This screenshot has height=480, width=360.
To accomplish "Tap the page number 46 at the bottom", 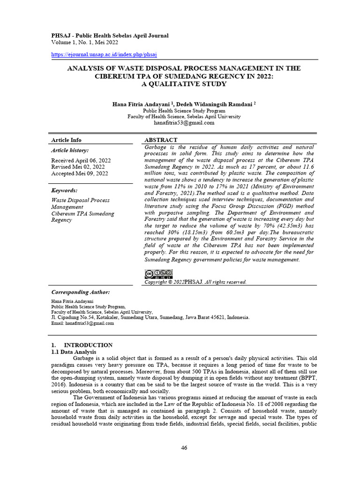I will click(184, 448).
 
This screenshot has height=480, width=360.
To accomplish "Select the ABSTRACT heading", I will click(161, 140).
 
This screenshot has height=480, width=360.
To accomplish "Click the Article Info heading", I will click(66, 140).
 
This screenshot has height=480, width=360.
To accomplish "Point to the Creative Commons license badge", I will click(158, 274).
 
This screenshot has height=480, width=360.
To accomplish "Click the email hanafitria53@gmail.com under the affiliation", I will click(184, 123).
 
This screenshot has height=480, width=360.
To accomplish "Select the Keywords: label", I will click(64, 190).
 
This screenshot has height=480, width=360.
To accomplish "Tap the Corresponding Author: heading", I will click(80, 292).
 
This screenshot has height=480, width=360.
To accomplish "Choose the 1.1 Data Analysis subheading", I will click(73, 352).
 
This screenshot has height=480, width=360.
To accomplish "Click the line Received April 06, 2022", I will click(78, 160).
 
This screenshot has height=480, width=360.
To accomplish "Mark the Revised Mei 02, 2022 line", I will click(77, 166).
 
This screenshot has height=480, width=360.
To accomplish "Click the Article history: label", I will click(69, 150).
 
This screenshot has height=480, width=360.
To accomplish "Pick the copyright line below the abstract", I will click(195, 282).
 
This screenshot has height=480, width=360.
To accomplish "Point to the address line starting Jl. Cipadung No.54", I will click(150, 317).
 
